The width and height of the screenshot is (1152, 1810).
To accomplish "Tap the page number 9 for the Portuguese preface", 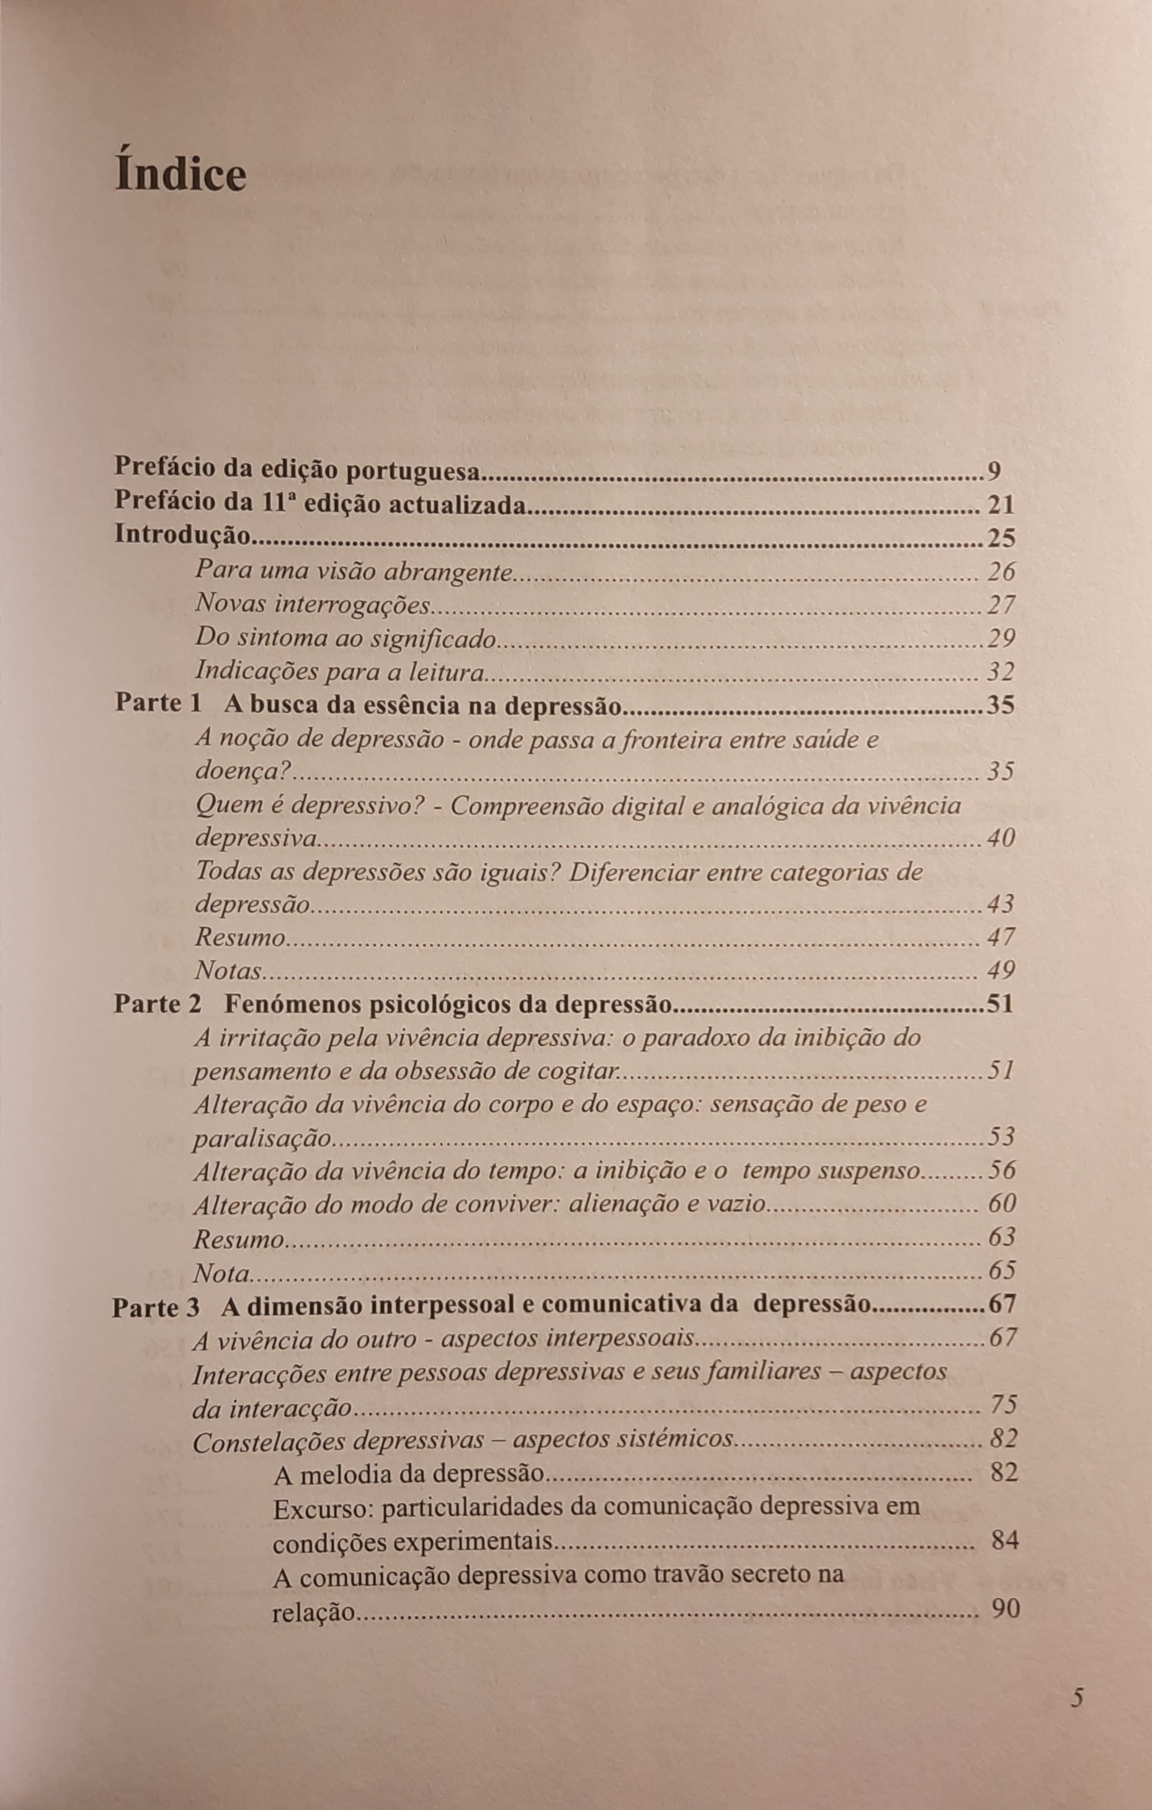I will coord(994,471).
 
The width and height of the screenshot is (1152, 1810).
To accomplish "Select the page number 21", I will coord(1001,504).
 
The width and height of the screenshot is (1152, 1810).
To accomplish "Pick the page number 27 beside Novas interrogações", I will coord(1001,605).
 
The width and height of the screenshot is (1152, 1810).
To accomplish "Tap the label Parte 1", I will coord(159,704).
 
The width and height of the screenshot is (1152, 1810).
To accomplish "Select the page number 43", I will coord(1001,904).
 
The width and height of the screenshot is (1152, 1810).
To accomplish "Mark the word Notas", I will coord(228,971).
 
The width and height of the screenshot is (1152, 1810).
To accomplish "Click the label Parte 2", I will coord(158,1005).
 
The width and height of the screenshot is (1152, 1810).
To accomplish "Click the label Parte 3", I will coord(156,1306).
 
